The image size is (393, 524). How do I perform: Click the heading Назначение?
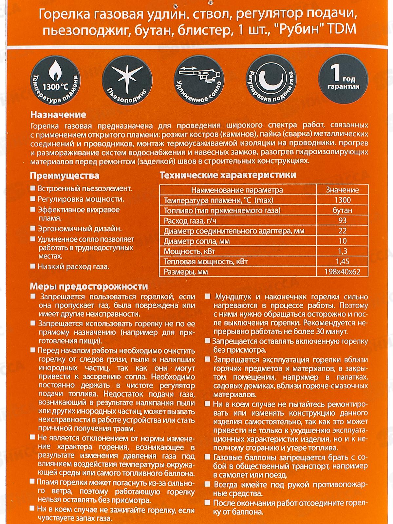pos(58,115)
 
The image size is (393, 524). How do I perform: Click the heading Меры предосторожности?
pos(89,287)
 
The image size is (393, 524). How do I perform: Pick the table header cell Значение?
pos(342,190)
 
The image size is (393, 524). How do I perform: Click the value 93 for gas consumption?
pos(342,220)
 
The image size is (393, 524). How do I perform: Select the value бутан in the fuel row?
pos(342,210)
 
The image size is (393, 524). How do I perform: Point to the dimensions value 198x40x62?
pos(342,272)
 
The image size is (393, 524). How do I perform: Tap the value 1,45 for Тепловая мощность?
pos(342,261)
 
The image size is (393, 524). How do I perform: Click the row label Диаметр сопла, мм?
pos(196,241)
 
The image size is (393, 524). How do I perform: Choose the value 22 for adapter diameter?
pos(342,231)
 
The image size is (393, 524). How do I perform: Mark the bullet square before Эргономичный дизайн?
pos(32,229)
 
